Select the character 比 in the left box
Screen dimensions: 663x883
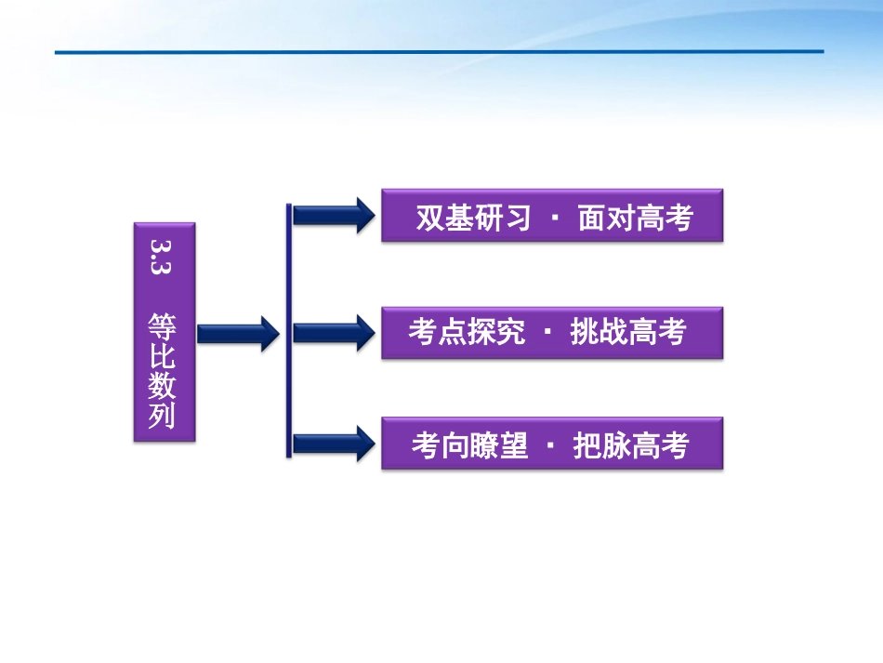point(163,358)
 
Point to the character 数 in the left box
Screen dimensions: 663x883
point(163,386)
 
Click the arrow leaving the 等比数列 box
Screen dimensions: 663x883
point(238,332)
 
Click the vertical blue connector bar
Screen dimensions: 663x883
point(289,330)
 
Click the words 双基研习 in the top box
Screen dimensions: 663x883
point(473,218)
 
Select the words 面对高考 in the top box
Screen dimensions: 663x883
point(635,218)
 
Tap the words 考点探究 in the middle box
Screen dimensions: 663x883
point(467,332)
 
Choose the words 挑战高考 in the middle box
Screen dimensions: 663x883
point(628,332)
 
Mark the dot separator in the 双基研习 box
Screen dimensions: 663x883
point(555,218)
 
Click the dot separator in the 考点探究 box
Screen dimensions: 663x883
point(547,332)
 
